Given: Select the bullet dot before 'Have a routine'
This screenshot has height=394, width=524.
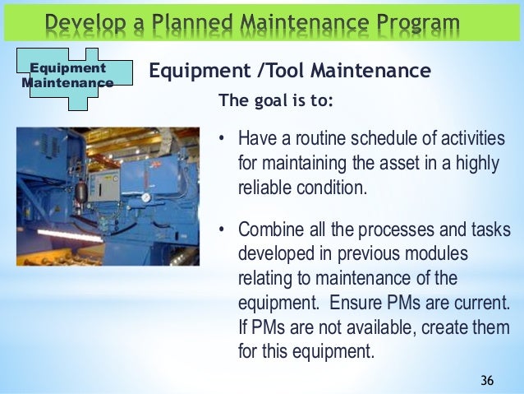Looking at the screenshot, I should (x=221, y=137).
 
